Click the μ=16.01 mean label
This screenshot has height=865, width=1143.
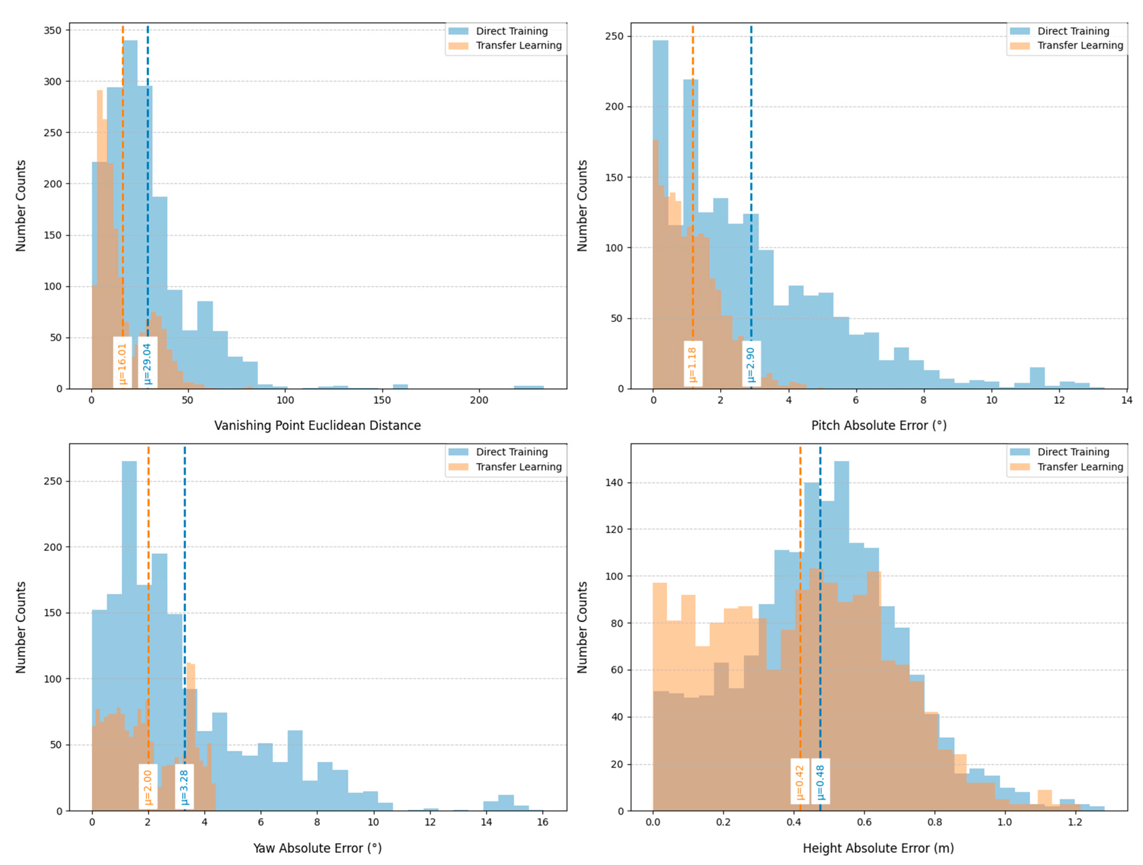122,363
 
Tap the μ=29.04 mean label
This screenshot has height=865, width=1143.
147,363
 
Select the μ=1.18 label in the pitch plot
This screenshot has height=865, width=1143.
693,364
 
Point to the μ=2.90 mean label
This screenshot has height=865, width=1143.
751,364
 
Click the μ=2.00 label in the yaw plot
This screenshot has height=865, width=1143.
148,787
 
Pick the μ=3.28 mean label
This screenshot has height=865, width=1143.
184,787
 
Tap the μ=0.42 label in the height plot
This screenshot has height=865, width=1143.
799,781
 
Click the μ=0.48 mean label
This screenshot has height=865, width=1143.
820,781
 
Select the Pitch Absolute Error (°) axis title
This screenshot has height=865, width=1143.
879,425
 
